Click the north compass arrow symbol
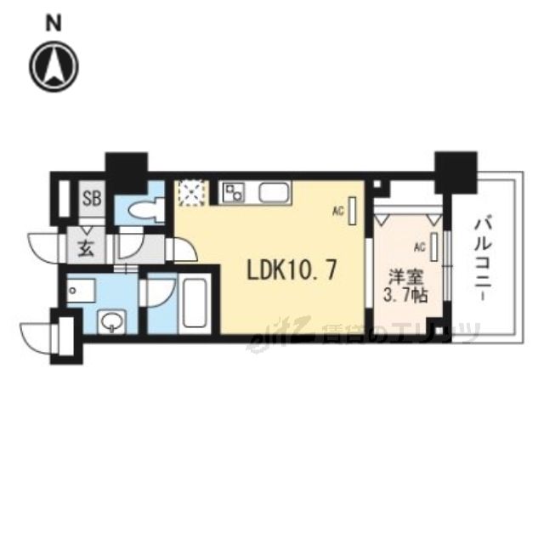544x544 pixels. pos(54,65)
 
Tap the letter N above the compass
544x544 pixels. pos(54,24)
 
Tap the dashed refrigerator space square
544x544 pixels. pos(191,193)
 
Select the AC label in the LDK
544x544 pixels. pos(337,212)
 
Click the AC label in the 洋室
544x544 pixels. pos(418,247)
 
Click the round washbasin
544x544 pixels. pos(111,321)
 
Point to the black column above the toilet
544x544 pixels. pos(126,170)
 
